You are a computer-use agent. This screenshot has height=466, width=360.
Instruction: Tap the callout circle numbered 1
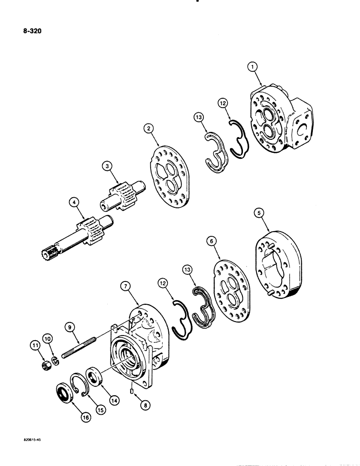[x=253, y=68]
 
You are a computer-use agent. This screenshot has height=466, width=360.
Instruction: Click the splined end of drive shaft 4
[x=47, y=254]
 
